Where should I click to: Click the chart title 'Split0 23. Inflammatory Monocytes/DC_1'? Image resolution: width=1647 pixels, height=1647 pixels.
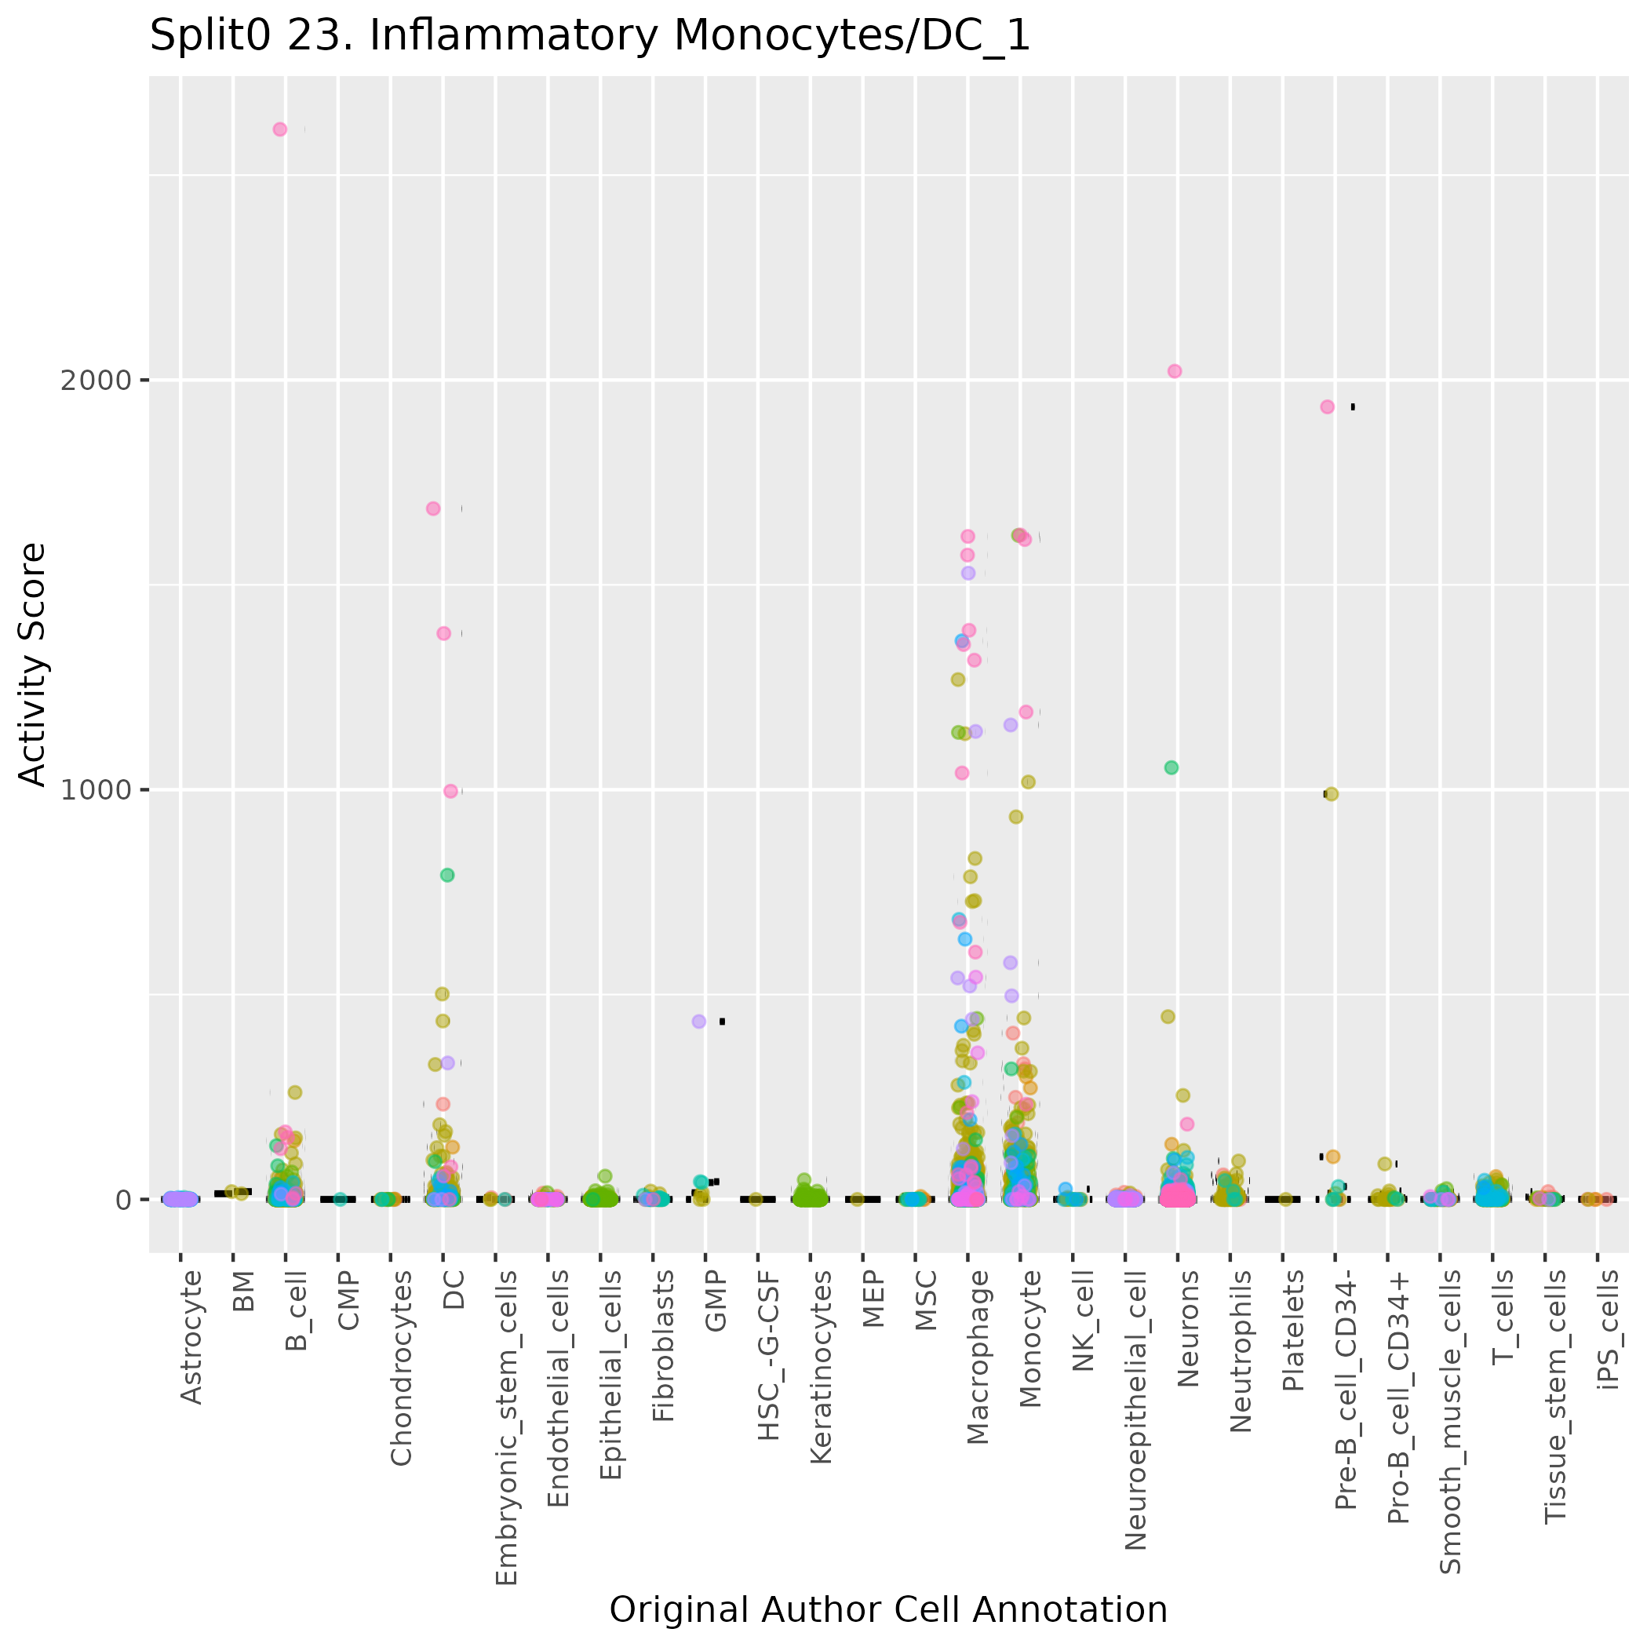[590, 38]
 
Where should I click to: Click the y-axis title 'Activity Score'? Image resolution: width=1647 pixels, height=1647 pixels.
[32, 665]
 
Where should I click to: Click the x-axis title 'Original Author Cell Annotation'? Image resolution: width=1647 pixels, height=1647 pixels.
[887, 1609]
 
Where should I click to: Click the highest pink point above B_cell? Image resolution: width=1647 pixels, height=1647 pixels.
[279, 129]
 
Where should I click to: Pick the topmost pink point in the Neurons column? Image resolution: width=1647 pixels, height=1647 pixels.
[1175, 371]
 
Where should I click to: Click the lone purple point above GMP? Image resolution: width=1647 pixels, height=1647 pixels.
[699, 1022]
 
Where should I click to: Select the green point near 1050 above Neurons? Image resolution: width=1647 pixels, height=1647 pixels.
[1172, 767]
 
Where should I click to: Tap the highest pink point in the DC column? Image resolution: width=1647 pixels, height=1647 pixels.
[433, 509]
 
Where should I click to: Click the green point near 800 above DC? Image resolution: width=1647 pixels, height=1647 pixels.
[447, 875]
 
